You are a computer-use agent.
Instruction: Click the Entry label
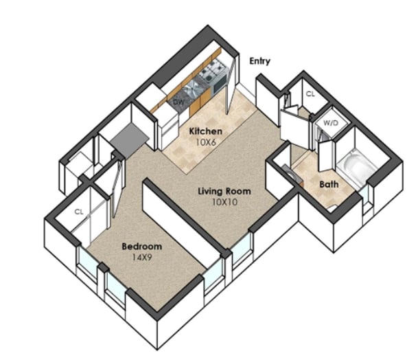click(259, 61)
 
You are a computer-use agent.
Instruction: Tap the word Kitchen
click(205, 131)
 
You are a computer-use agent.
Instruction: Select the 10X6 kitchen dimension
click(205, 142)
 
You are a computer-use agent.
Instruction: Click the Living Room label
click(224, 191)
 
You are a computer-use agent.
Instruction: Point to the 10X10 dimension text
click(224, 202)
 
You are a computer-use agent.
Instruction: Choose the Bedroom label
click(142, 247)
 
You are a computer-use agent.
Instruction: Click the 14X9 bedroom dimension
click(142, 257)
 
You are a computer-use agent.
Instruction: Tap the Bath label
click(329, 184)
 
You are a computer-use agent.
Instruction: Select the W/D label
click(331, 123)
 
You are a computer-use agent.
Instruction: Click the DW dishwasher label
click(179, 102)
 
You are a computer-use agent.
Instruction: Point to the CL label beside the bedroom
click(79, 212)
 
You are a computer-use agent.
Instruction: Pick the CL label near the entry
click(310, 94)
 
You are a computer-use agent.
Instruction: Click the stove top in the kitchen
click(213, 70)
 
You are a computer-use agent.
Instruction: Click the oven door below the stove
click(220, 83)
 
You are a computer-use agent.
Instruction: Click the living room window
click(241, 249)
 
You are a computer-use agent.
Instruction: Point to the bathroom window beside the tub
click(364, 196)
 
